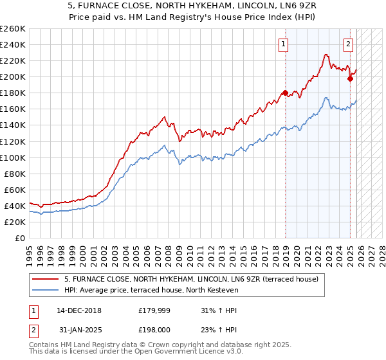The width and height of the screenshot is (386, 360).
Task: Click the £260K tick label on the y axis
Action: [x=12, y=29]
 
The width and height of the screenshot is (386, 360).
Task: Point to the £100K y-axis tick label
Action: [x=12, y=157]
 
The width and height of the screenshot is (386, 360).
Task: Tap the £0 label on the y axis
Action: [x=19, y=238]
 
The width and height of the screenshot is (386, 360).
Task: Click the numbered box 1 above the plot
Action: [x=283, y=44]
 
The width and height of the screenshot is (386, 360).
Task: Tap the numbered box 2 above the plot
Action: [x=348, y=44]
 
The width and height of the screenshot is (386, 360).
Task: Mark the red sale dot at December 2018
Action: [x=285, y=93]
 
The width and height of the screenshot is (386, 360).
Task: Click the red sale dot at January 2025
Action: [x=351, y=78]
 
